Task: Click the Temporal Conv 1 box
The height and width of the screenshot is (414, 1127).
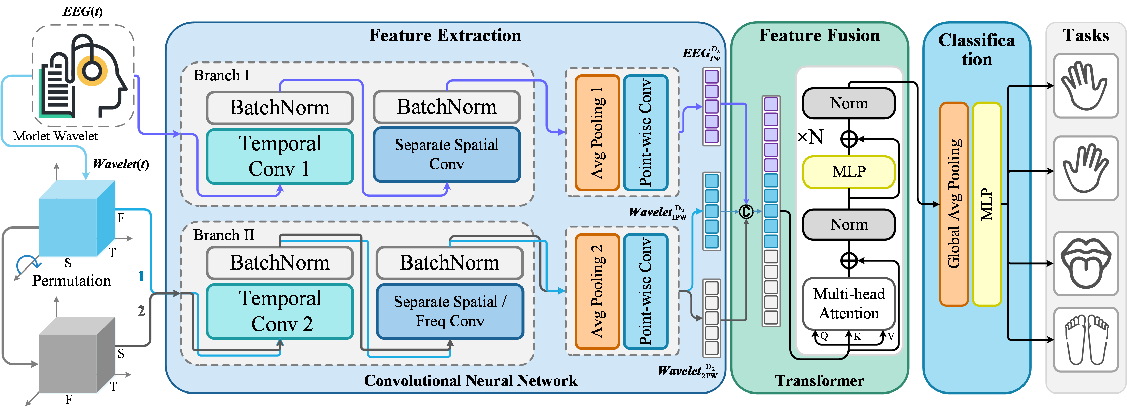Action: [280, 156]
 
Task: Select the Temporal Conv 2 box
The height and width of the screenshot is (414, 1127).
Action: [280, 311]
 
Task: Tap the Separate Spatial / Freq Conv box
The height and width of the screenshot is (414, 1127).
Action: [450, 311]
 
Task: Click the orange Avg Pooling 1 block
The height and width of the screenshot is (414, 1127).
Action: [597, 133]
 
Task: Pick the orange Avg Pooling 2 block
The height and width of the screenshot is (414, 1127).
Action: [597, 291]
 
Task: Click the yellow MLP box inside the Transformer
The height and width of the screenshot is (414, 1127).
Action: [848, 172]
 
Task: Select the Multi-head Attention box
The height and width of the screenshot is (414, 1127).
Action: [848, 303]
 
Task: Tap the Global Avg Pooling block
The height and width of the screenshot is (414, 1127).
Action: [953, 204]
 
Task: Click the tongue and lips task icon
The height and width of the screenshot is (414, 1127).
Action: [1085, 263]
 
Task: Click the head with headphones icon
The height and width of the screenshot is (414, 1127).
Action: [83, 75]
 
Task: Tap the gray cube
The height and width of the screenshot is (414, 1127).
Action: [77, 355]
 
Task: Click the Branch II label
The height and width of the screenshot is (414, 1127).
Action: [223, 235]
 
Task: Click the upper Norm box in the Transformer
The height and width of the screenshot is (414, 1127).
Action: [848, 103]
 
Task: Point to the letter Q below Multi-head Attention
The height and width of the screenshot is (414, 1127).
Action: [824, 336]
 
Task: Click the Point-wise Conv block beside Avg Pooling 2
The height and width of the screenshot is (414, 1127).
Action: [645, 291]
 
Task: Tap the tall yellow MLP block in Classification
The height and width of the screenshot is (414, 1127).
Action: [987, 204]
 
